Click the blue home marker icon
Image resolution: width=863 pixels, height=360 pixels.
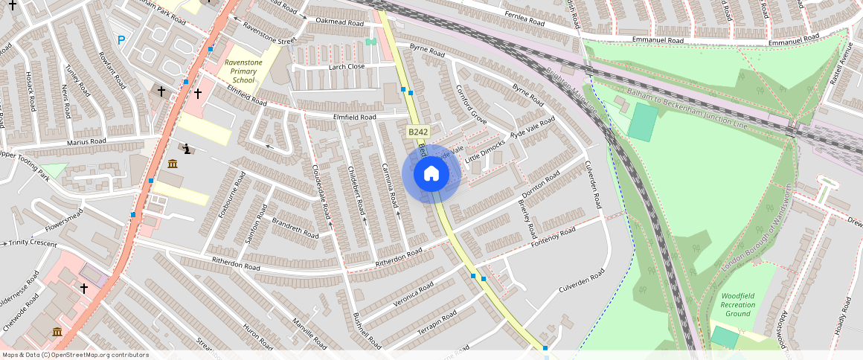point(431,174)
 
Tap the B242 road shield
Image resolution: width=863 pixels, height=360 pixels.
point(417,132)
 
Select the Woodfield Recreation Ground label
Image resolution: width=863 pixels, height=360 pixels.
point(737,304)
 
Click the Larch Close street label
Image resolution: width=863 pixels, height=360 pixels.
point(346,66)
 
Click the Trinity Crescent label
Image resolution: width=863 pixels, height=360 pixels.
point(32,243)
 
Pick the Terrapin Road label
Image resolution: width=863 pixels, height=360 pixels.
point(437,320)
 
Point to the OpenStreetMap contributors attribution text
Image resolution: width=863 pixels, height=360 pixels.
point(75,355)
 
